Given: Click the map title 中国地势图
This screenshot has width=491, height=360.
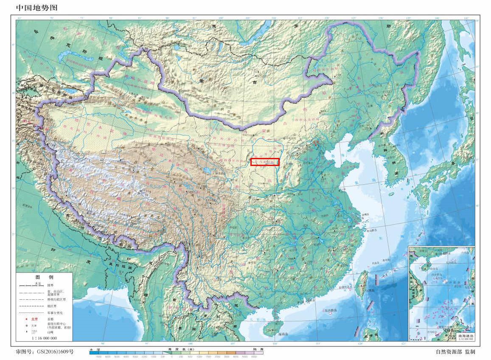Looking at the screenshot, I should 36,8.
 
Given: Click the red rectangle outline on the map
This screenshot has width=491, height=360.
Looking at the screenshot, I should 265,162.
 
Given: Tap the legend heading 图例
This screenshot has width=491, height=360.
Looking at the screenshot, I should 44,277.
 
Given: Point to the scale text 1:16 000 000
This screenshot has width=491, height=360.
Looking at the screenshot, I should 44,338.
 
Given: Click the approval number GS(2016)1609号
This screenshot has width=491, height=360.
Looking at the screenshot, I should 45,352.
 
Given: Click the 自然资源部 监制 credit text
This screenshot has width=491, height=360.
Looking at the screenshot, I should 455,352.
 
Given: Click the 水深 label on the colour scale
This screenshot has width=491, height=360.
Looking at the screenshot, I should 94,349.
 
